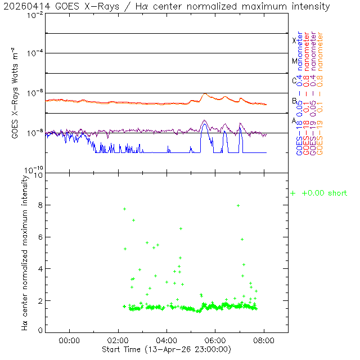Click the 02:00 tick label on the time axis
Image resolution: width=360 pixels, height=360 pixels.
point(118,340)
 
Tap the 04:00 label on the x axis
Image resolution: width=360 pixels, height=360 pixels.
point(167,340)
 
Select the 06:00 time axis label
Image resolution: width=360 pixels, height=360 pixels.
point(215,340)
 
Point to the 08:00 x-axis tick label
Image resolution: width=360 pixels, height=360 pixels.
point(264,340)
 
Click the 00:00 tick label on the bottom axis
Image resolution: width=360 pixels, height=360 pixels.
point(69,340)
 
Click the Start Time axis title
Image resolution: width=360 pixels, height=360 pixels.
point(166,349)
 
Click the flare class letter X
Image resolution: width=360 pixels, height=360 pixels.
point(294,41)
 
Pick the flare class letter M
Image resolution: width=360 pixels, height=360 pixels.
point(294,61)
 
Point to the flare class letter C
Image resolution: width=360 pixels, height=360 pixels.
point(294,81)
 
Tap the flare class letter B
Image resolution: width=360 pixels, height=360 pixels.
point(294,101)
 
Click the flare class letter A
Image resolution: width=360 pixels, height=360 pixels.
point(294,121)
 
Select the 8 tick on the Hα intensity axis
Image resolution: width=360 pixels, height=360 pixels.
point(39,205)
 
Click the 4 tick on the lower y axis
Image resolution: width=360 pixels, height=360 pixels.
point(39,269)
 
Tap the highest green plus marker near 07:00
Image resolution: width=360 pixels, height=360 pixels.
point(238,205)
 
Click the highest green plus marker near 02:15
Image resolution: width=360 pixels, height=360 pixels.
point(124,209)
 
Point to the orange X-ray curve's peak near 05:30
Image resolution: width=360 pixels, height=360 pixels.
point(205,94)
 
